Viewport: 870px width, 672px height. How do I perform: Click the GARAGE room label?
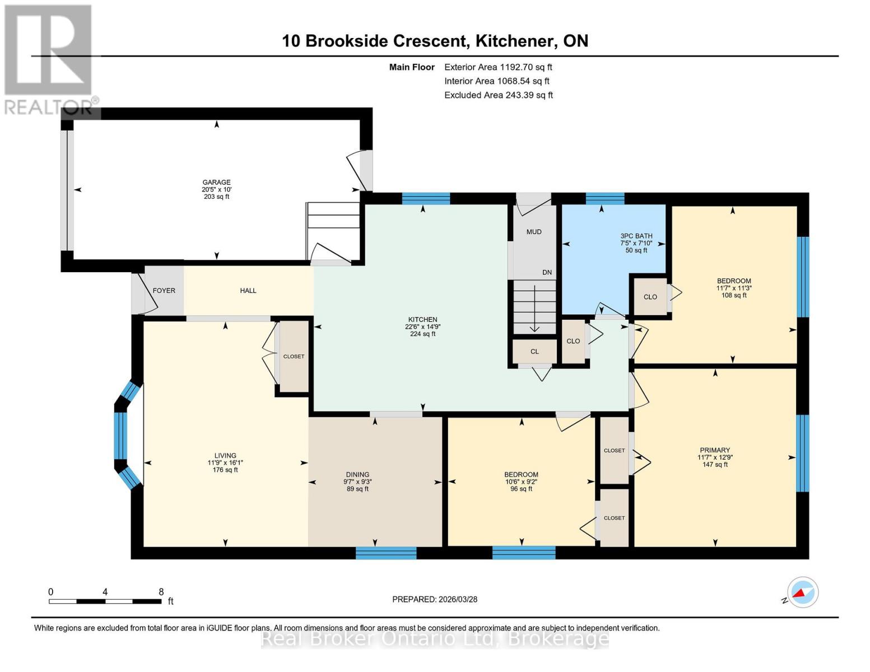[x=216, y=183]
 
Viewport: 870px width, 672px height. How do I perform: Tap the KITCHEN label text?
[x=422, y=320]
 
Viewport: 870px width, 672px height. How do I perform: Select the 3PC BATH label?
[x=636, y=236]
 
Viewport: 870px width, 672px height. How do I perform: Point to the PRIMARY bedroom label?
[x=715, y=450]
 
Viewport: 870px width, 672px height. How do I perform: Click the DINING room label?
[x=357, y=474]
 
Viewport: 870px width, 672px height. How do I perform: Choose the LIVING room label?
[x=225, y=456]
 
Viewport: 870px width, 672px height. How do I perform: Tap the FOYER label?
[x=164, y=291]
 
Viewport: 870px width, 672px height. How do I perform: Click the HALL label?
[x=248, y=291]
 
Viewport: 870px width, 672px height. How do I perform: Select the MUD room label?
[x=534, y=232]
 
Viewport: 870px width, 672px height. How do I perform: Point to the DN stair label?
[x=547, y=273]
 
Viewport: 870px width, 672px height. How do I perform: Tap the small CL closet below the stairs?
[x=534, y=352]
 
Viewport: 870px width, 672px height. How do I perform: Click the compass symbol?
[x=803, y=592]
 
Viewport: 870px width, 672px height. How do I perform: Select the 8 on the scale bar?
[x=161, y=592]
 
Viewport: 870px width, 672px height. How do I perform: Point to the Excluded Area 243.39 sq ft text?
[x=499, y=95]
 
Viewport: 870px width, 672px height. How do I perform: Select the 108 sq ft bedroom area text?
[x=734, y=296]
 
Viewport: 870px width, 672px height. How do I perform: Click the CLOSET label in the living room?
[x=294, y=357]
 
